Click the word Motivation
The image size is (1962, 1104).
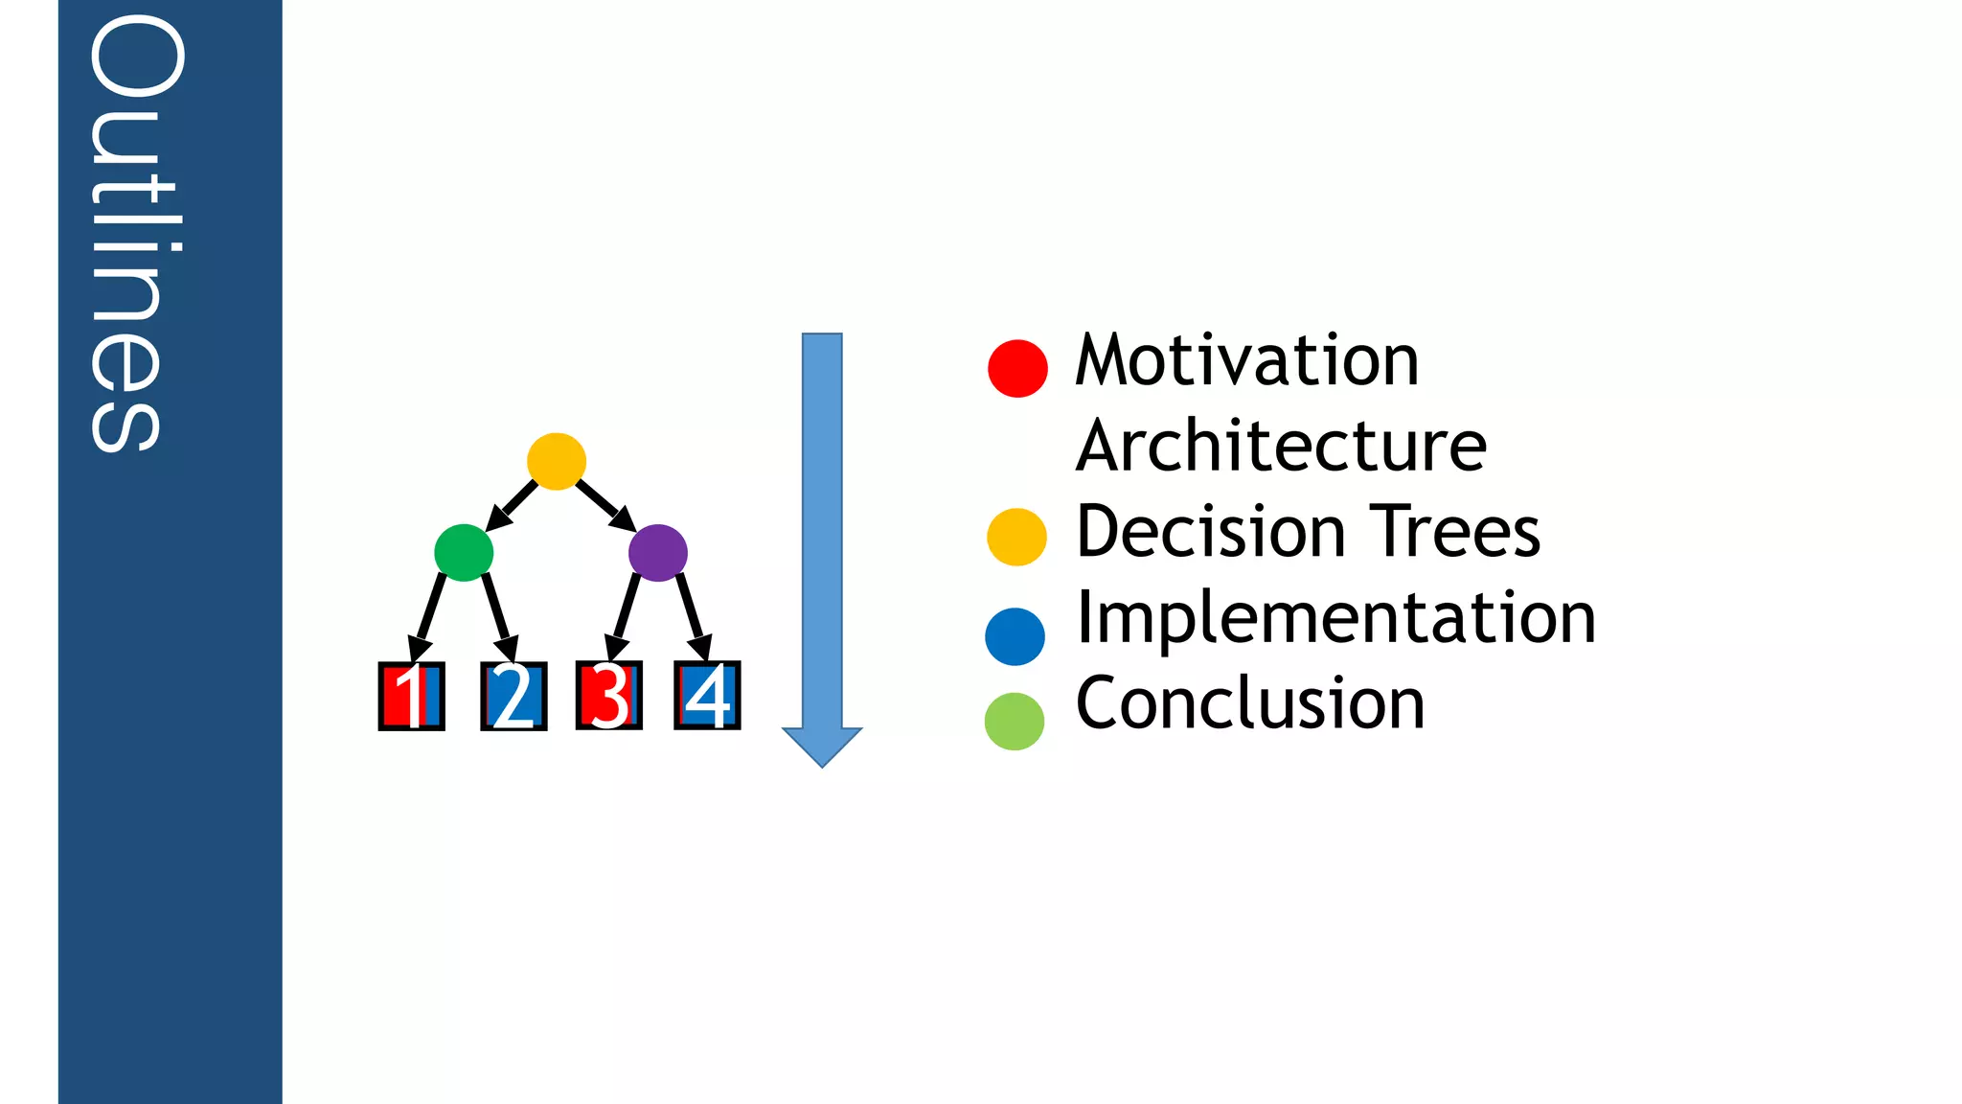[1245, 361]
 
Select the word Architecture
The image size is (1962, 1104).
[1280, 448]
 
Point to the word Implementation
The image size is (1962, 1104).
[1335, 619]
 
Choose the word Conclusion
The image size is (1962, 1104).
[1249, 704]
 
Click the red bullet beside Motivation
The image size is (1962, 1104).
[1017, 368]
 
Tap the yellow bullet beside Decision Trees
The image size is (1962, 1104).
[1016, 537]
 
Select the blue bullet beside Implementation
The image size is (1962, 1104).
[1015, 636]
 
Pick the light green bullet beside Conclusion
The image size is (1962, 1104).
[1015, 721]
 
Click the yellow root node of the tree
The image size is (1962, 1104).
[557, 461]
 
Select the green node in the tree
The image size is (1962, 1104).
[464, 552]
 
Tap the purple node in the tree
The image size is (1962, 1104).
[658, 552]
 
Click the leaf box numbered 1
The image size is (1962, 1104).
[412, 697]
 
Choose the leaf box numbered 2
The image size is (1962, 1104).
[513, 697]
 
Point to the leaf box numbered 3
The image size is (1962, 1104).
[609, 696]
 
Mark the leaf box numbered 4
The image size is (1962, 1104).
[707, 696]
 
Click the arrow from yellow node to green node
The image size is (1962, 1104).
[513, 505]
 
